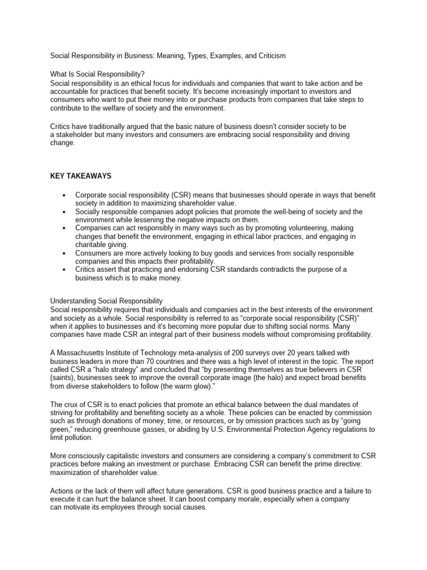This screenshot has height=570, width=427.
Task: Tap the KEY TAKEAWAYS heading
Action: coord(81,176)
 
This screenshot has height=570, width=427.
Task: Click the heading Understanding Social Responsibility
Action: coord(106,301)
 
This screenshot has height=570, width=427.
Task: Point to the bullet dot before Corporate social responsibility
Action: coord(66,196)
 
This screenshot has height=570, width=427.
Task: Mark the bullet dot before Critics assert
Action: coord(66,270)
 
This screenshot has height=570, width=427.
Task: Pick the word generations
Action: coord(195,492)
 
